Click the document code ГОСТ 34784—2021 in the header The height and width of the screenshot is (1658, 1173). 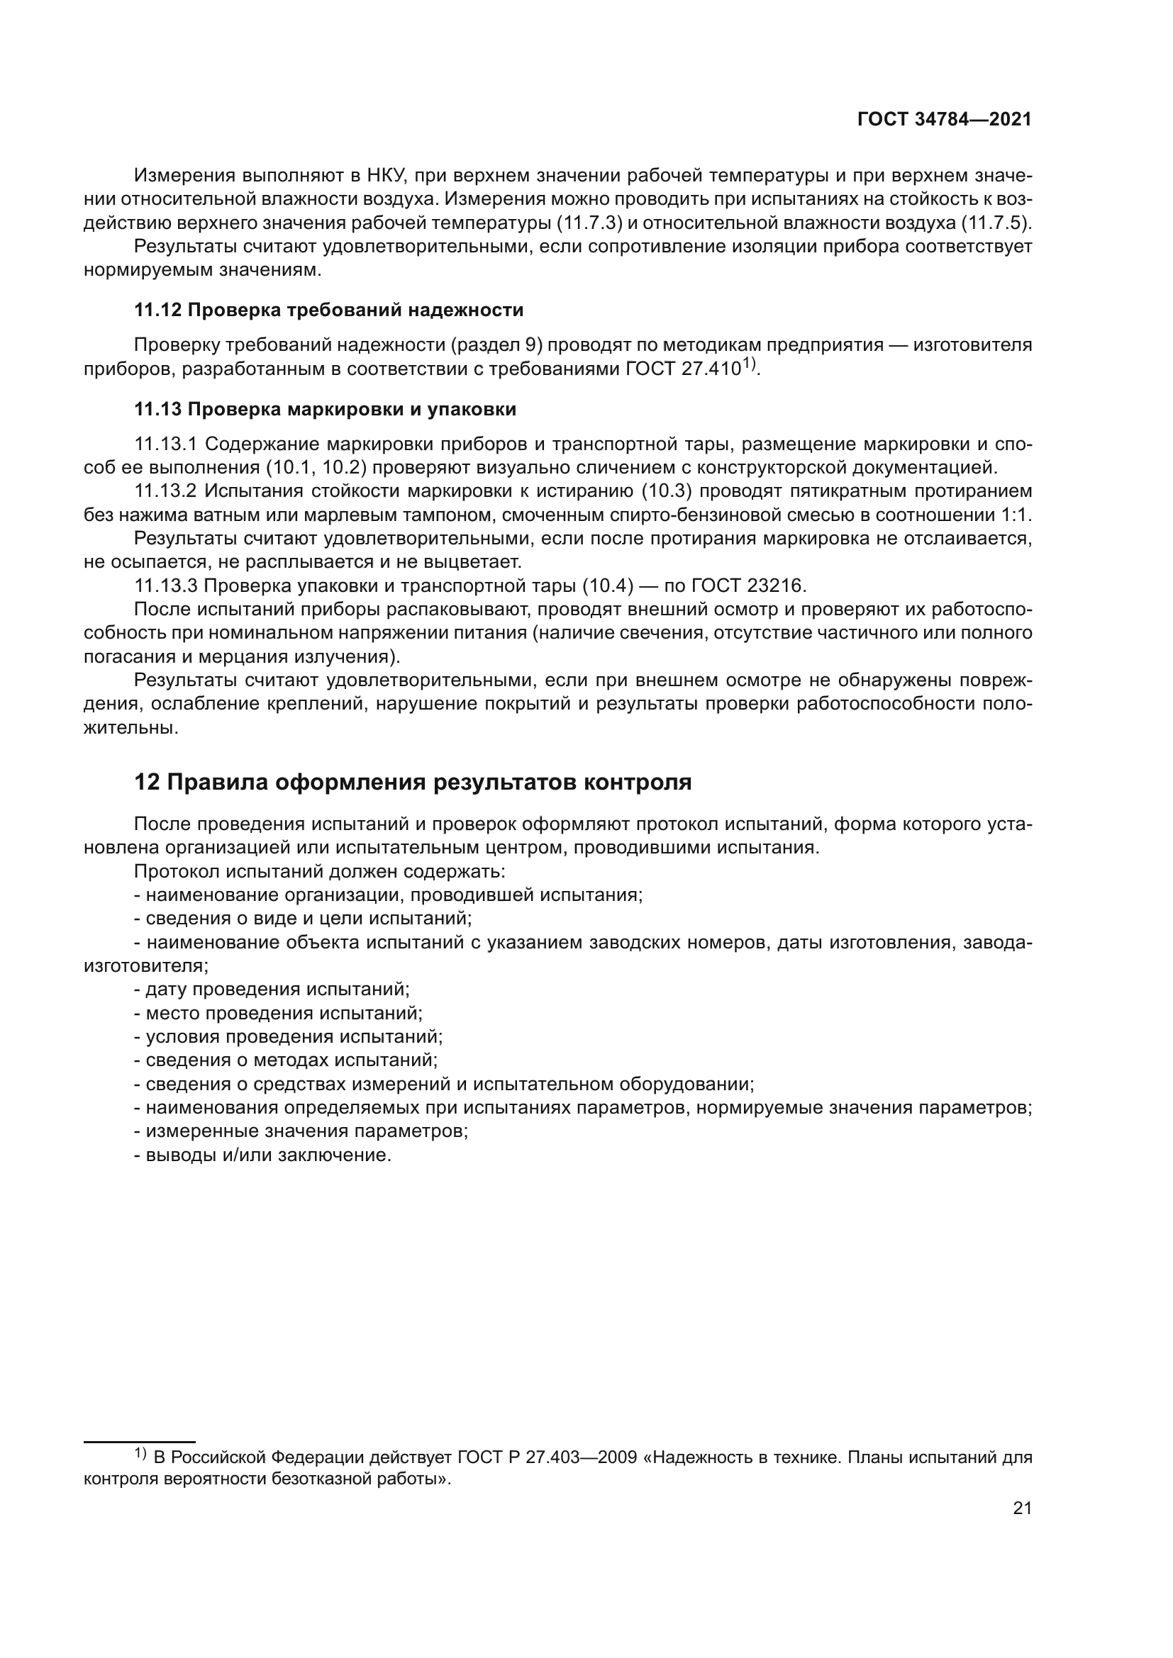pyautogui.click(x=944, y=120)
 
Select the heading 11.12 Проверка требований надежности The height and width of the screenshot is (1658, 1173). pyautogui.click(x=328, y=310)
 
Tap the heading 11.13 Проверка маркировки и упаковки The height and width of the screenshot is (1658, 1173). pyautogui.click(x=325, y=410)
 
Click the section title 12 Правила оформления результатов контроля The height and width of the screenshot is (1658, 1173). pyautogui.click(x=413, y=782)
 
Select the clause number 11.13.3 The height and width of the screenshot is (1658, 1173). pyautogui.click(x=165, y=585)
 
